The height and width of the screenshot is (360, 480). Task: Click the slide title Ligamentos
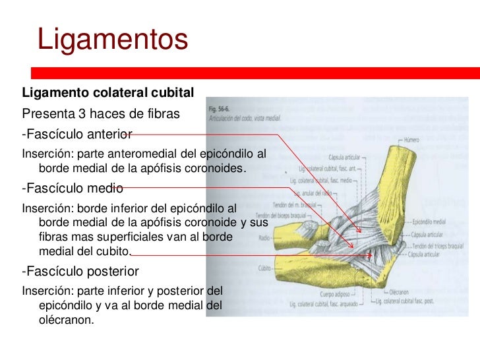pos(113,39)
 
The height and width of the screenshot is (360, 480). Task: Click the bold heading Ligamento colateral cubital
pos(108,91)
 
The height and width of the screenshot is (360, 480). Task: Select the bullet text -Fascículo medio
pos(73,187)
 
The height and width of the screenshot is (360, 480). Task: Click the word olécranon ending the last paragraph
pos(67,320)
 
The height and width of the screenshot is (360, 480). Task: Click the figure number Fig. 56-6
pos(219,107)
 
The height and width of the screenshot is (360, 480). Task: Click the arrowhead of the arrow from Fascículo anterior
pos(361,231)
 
